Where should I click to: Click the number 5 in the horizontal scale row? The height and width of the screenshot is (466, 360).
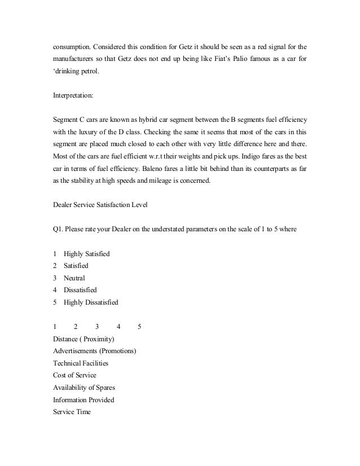139,327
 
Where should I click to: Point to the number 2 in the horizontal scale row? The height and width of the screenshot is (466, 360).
76,327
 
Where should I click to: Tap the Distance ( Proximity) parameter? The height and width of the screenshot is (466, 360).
84,338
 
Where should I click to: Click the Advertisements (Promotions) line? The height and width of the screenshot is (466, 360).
94,351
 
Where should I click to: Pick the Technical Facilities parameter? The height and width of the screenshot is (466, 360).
80,363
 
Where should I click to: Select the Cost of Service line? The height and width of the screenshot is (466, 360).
74,375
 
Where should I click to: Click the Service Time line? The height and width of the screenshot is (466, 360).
71,412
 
